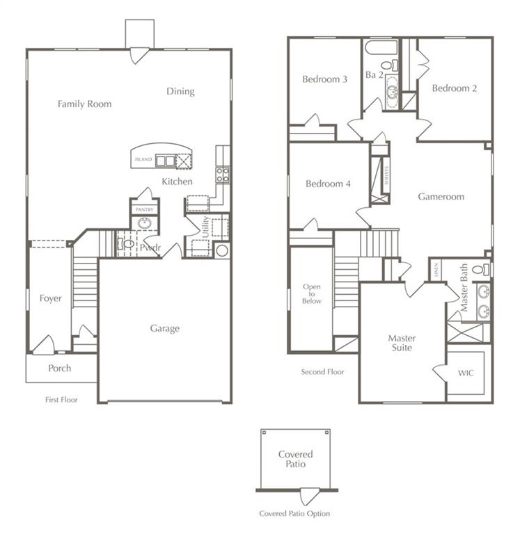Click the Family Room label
[x=84, y=104]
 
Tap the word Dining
[x=180, y=92]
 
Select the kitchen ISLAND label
[x=143, y=160]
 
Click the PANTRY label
[x=144, y=209]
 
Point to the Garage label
[x=164, y=329]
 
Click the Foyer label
[x=50, y=299]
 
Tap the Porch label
[x=59, y=369]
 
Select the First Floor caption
[x=61, y=400]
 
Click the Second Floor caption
[x=322, y=372]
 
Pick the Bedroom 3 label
[x=324, y=79]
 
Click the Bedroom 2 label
[x=454, y=88]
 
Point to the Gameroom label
[x=441, y=197]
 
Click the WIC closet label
[x=466, y=373]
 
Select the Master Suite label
[x=402, y=343]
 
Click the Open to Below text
[x=312, y=293]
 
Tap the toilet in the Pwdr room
[x=127, y=244]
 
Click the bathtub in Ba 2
[x=381, y=48]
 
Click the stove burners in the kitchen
[x=222, y=175]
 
